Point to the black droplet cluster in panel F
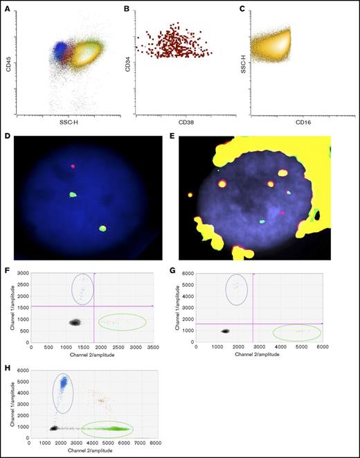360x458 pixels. click(74, 322)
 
